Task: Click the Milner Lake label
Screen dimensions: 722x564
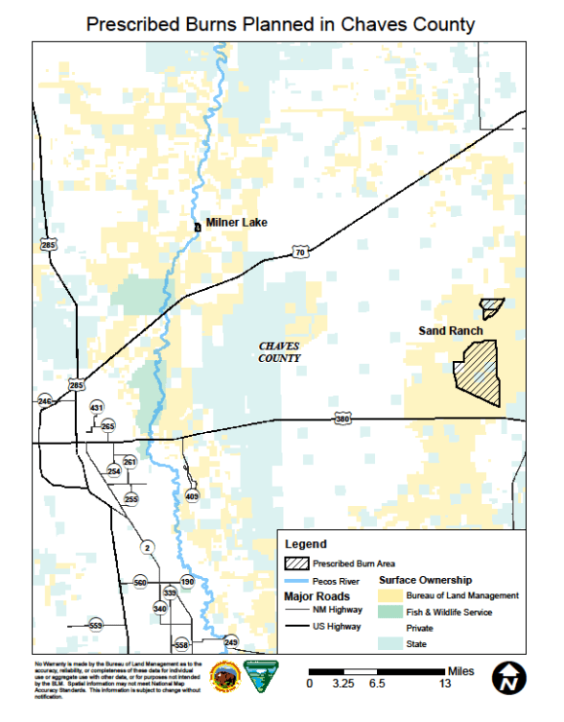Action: (x=236, y=223)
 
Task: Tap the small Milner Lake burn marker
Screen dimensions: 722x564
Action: (x=197, y=227)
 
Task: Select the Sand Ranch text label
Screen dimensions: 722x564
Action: (x=450, y=331)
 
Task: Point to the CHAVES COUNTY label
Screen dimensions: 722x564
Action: (x=280, y=352)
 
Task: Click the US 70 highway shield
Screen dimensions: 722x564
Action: (x=300, y=252)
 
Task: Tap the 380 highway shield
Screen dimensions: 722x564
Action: (x=342, y=420)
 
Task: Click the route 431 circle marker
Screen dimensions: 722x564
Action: (x=96, y=408)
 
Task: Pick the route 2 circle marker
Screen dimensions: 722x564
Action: (x=146, y=547)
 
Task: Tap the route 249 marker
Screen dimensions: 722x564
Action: (x=230, y=641)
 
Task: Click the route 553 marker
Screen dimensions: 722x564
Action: (x=95, y=625)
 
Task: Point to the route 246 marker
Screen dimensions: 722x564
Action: (x=44, y=400)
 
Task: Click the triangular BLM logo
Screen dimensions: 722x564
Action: (x=261, y=676)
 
